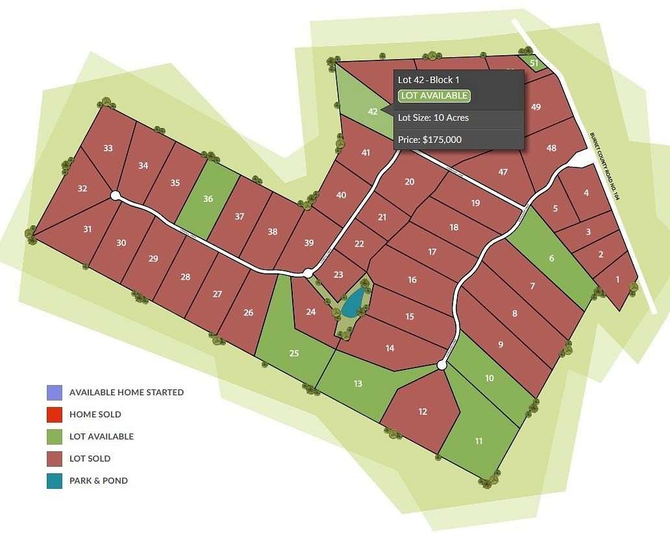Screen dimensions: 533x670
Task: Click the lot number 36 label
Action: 208,199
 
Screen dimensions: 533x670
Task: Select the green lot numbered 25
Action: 294,353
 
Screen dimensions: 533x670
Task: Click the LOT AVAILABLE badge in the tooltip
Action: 434,96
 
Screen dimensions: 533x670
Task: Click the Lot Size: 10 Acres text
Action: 433,118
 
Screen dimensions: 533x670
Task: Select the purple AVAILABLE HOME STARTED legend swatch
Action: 55,392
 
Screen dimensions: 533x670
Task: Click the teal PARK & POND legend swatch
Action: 55,481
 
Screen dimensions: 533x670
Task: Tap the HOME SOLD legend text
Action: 95,414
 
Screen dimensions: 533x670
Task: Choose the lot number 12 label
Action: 423,412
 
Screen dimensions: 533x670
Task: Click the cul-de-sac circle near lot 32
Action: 116,195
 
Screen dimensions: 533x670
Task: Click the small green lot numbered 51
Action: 534,63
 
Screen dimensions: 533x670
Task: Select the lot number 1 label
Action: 617,279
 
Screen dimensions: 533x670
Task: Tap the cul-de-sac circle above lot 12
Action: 441,366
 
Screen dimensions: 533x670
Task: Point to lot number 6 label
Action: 552,258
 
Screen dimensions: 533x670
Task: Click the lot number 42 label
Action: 373,112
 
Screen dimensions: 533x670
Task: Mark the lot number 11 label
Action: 478,441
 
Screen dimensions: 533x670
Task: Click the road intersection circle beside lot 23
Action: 308,274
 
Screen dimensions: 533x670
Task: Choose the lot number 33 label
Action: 108,148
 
